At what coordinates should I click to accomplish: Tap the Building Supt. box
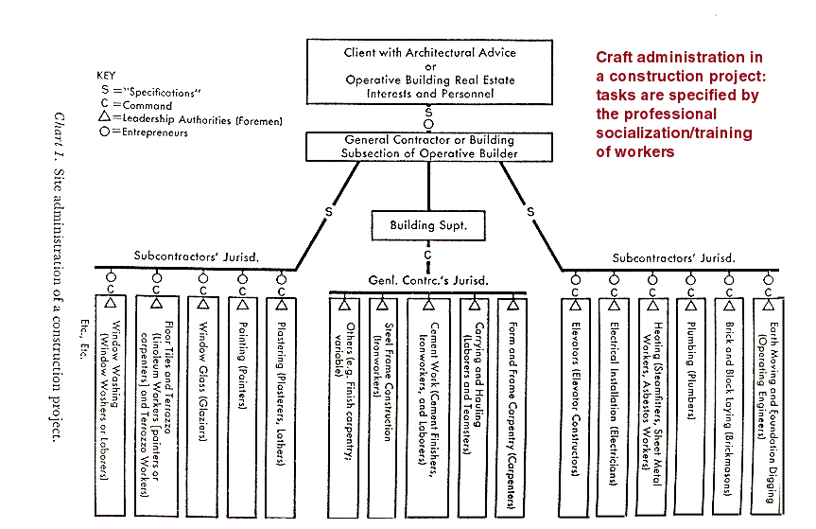428,226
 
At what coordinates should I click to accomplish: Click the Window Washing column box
111,397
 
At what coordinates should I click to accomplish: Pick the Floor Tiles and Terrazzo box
164,397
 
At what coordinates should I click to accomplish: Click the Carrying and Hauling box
474,397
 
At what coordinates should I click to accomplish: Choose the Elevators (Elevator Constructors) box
575,397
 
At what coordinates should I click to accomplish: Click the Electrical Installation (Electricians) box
615,397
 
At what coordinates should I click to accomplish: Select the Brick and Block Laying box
730,397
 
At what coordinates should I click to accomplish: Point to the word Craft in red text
616,58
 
